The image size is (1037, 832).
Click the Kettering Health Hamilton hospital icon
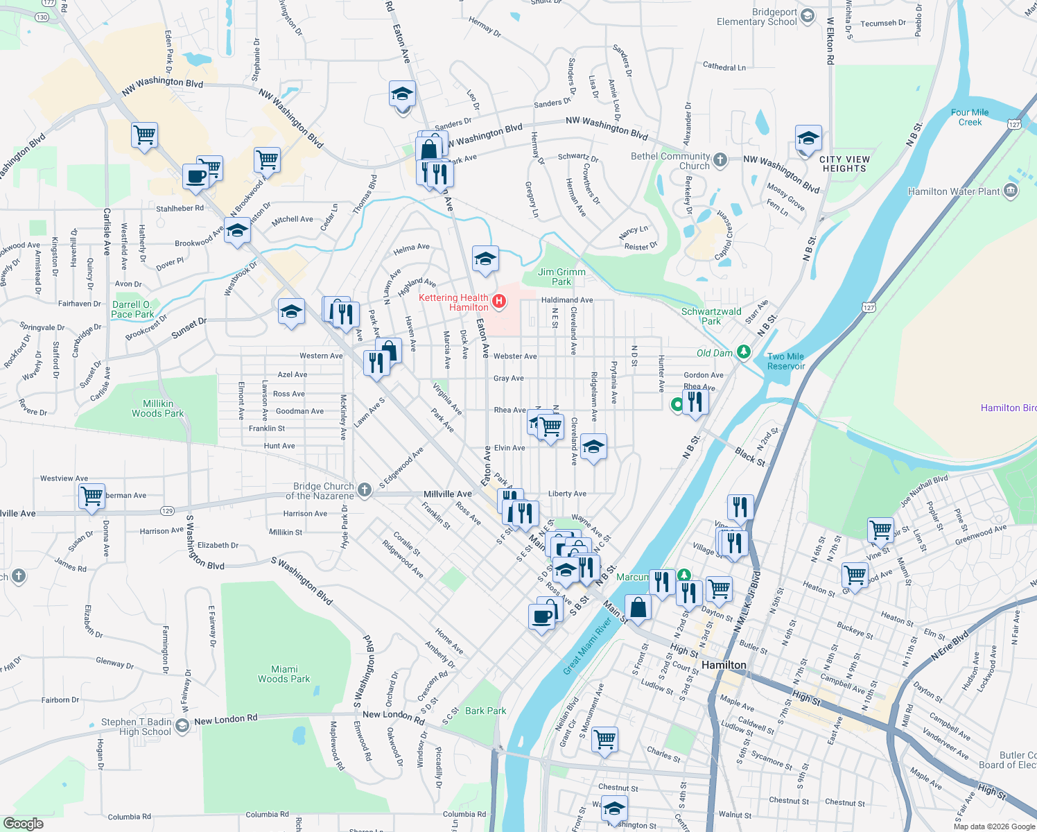[x=498, y=302]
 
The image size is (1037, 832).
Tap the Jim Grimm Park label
[x=561, y=277]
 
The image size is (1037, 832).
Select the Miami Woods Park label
[x=284, y=674]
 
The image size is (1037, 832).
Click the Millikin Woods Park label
[x=158, y=408]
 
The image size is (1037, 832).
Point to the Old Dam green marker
[x=744, y=352]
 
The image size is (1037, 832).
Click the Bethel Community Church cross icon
[x=720, y=160]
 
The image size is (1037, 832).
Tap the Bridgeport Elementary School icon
[x=807, y=15]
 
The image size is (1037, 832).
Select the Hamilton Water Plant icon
[x=1011, y=191]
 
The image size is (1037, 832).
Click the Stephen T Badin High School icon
[x=182, y=726]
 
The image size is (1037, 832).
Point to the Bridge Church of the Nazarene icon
[x=365, y=490]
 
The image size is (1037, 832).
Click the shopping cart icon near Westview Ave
[x=91, y=496]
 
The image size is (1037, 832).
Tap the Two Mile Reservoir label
[x=786, y=361]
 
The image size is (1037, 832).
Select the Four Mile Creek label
[x=970, y=117]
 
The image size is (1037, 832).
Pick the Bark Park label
[x=485, y=711]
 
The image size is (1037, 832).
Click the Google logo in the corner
[x=24, y=823]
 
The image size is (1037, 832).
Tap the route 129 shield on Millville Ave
[x=167, y=510]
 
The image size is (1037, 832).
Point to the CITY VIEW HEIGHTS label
[x=844, y=164]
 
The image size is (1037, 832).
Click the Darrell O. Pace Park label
[x=133, y=309]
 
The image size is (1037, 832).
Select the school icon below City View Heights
[x=808, y=139]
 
